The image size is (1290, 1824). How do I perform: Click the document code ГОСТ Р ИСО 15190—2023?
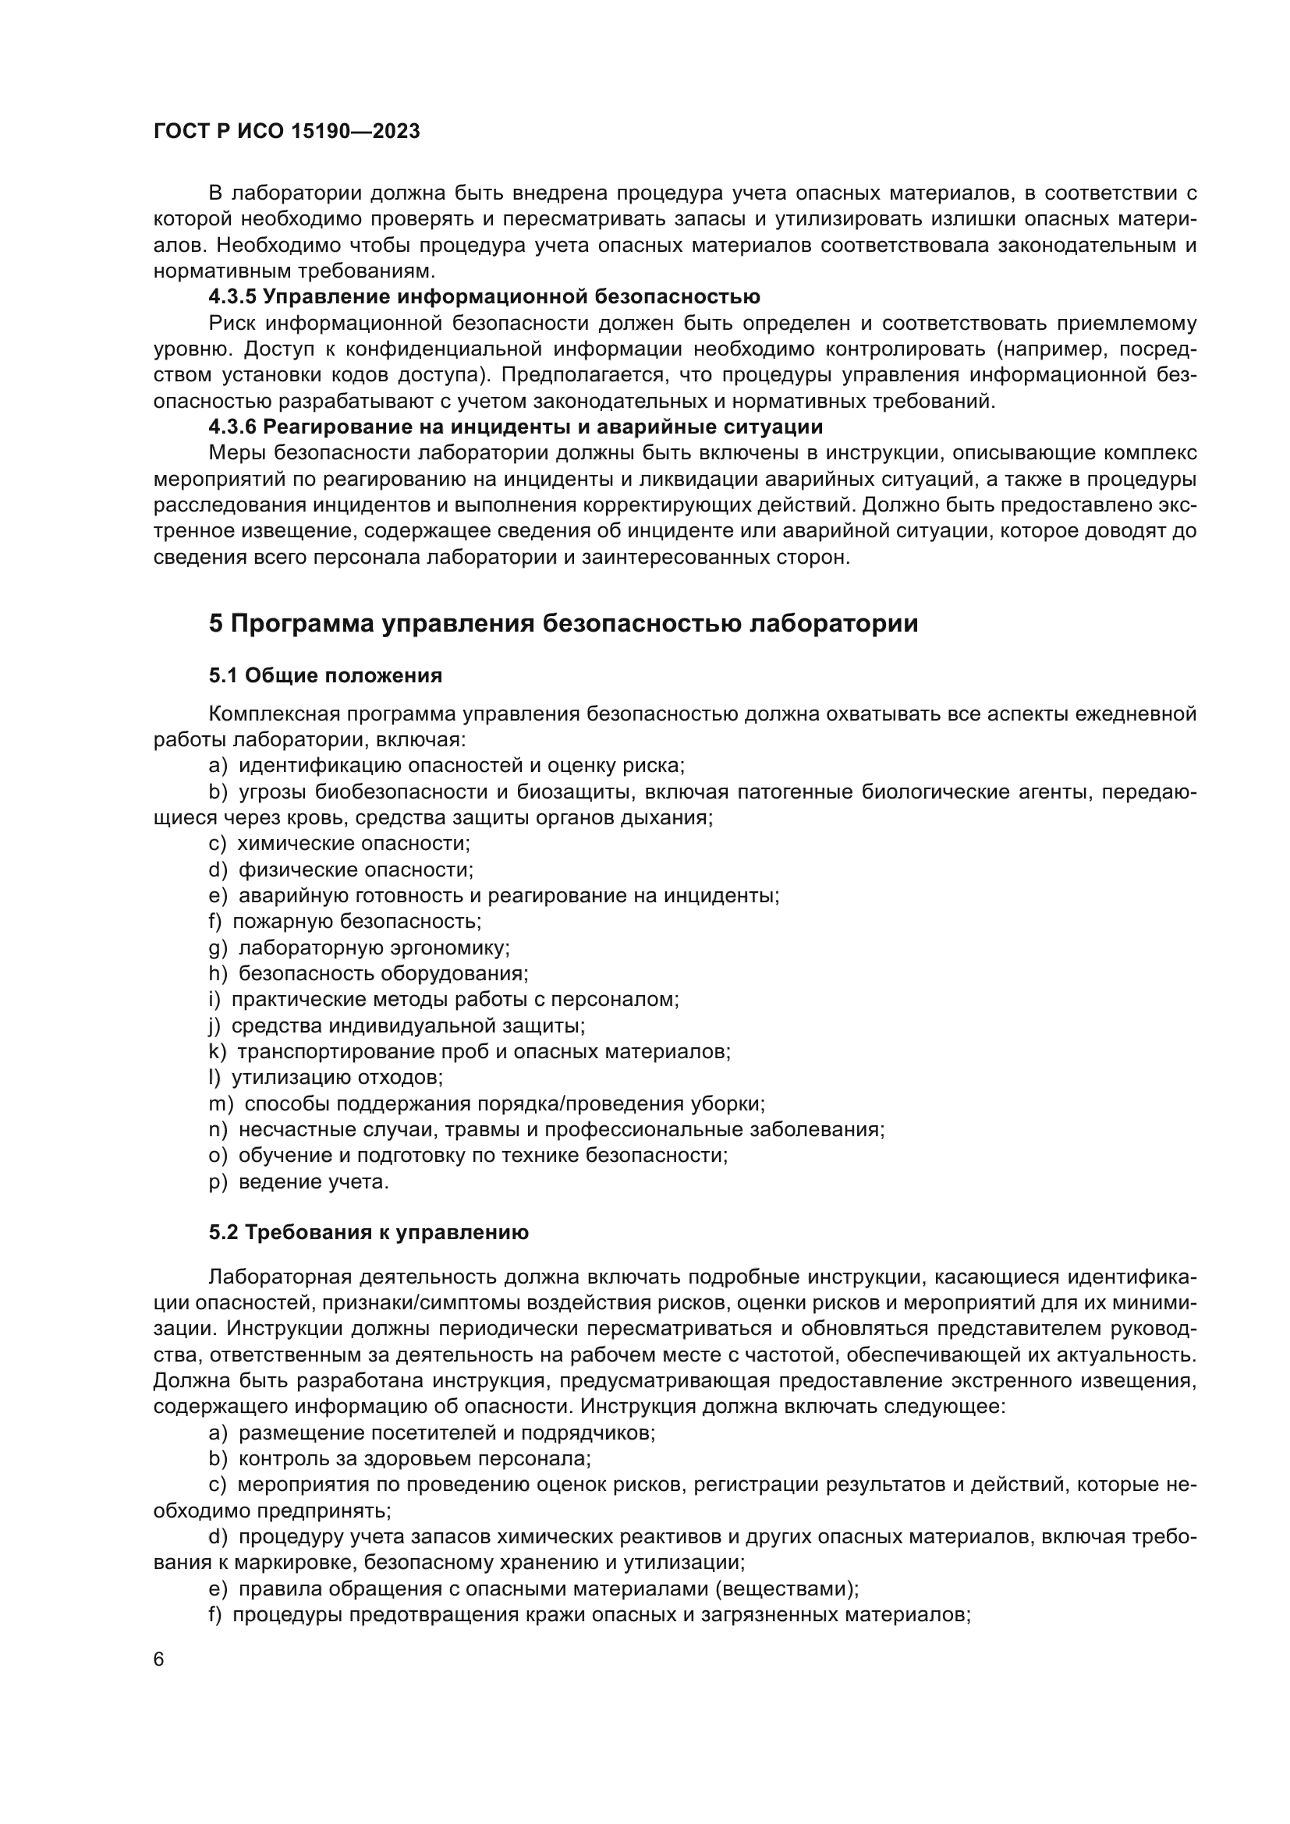point(286,132)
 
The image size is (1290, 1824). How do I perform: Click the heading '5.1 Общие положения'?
point(326,676)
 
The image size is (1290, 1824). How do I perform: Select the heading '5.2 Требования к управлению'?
point(369,1233)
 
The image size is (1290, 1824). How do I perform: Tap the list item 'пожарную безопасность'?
point(356,922)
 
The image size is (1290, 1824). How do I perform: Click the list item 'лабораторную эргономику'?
point(374,947)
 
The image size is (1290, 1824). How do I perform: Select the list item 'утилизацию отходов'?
point(337,1078)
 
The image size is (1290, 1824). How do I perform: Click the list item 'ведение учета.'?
point(314,1182)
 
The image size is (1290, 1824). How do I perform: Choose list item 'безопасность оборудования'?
point(383,974)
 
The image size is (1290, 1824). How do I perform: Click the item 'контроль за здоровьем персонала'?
point(414,1459)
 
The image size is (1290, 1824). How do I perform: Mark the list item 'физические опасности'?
point(355,870)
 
